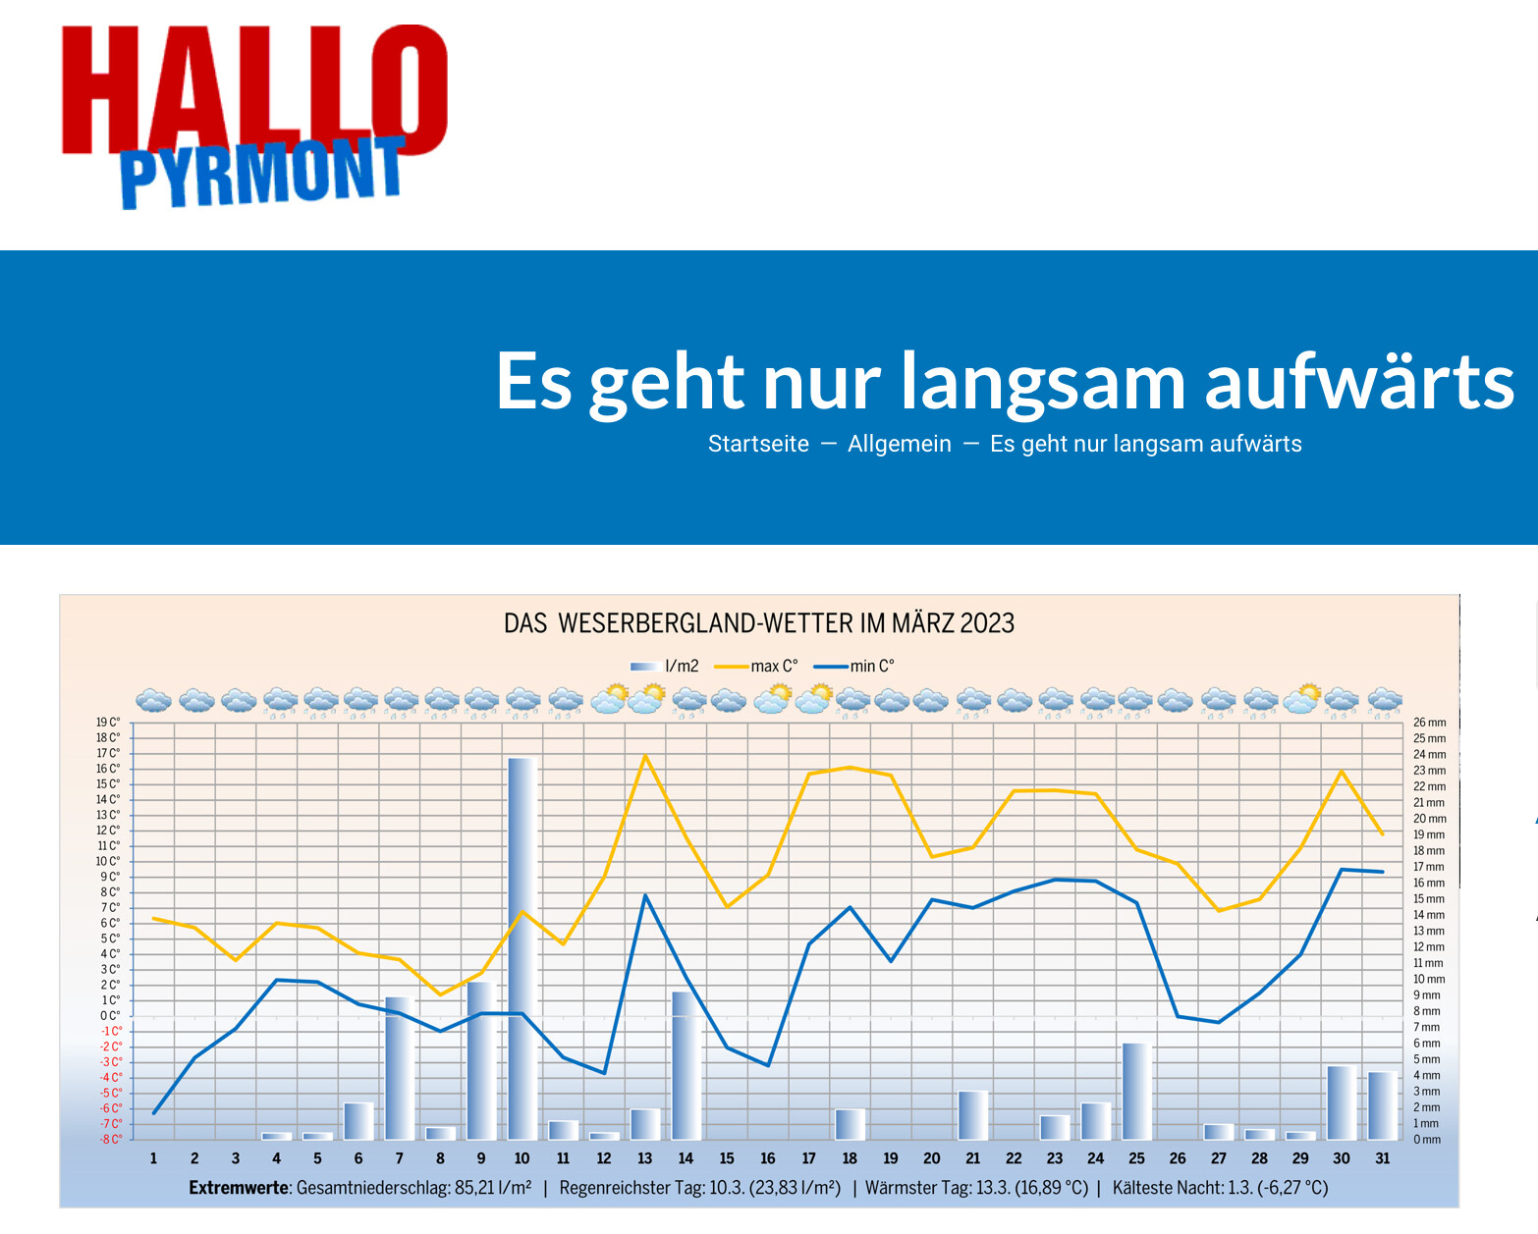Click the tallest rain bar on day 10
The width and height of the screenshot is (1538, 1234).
522,947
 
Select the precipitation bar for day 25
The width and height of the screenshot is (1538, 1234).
1136,1090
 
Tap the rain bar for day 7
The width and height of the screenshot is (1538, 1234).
399,1067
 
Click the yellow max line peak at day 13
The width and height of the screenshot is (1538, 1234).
645,756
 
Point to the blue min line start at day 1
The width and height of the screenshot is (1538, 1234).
154,1112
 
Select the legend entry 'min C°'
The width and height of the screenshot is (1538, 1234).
872,666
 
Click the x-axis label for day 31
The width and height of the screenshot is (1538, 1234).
1382,1158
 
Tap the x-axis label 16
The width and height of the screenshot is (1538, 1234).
768,1158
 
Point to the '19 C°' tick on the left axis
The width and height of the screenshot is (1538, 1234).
108,723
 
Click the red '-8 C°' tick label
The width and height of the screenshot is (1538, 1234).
110,1139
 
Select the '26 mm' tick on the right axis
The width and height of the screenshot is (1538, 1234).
1429,723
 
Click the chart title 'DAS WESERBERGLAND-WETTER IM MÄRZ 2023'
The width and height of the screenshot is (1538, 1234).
758,623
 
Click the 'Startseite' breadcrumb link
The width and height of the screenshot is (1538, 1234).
758,444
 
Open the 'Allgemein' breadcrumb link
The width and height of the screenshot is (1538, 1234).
899,444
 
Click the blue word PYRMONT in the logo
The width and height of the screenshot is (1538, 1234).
261,173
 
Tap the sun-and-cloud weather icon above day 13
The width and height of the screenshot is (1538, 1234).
646,699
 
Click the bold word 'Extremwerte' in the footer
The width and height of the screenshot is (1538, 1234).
239,1188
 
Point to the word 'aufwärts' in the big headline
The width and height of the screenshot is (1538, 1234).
1359,381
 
